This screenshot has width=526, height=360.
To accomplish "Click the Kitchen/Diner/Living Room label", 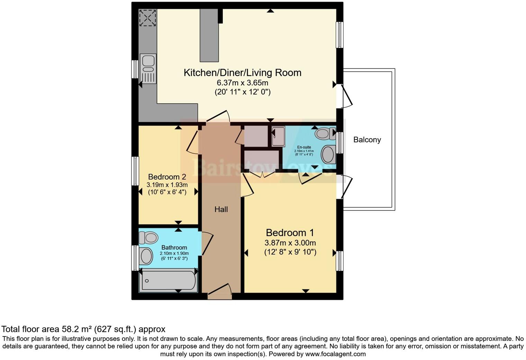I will [242, 73].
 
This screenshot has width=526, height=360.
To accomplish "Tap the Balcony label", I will [367, 140].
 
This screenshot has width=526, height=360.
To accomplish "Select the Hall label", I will [221, 209].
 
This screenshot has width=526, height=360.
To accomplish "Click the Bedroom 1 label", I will [290, 233].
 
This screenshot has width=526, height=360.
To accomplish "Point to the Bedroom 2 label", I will [167, 177].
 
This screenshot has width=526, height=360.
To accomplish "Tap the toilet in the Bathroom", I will [148, 238].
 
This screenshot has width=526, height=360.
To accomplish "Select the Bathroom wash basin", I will [146, 256].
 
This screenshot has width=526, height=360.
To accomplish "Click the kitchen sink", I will [148, 69].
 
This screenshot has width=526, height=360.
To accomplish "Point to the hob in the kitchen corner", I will [148, 18].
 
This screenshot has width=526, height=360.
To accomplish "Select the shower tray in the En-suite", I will [278, 137].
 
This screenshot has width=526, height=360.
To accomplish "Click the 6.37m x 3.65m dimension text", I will [242, 83].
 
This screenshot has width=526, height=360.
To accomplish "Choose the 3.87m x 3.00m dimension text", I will [290, 243].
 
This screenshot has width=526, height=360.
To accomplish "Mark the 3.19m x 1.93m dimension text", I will [167, 185].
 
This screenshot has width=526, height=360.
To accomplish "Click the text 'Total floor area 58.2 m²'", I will [47, 329].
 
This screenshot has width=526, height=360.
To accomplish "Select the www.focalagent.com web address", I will [335, 354].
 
